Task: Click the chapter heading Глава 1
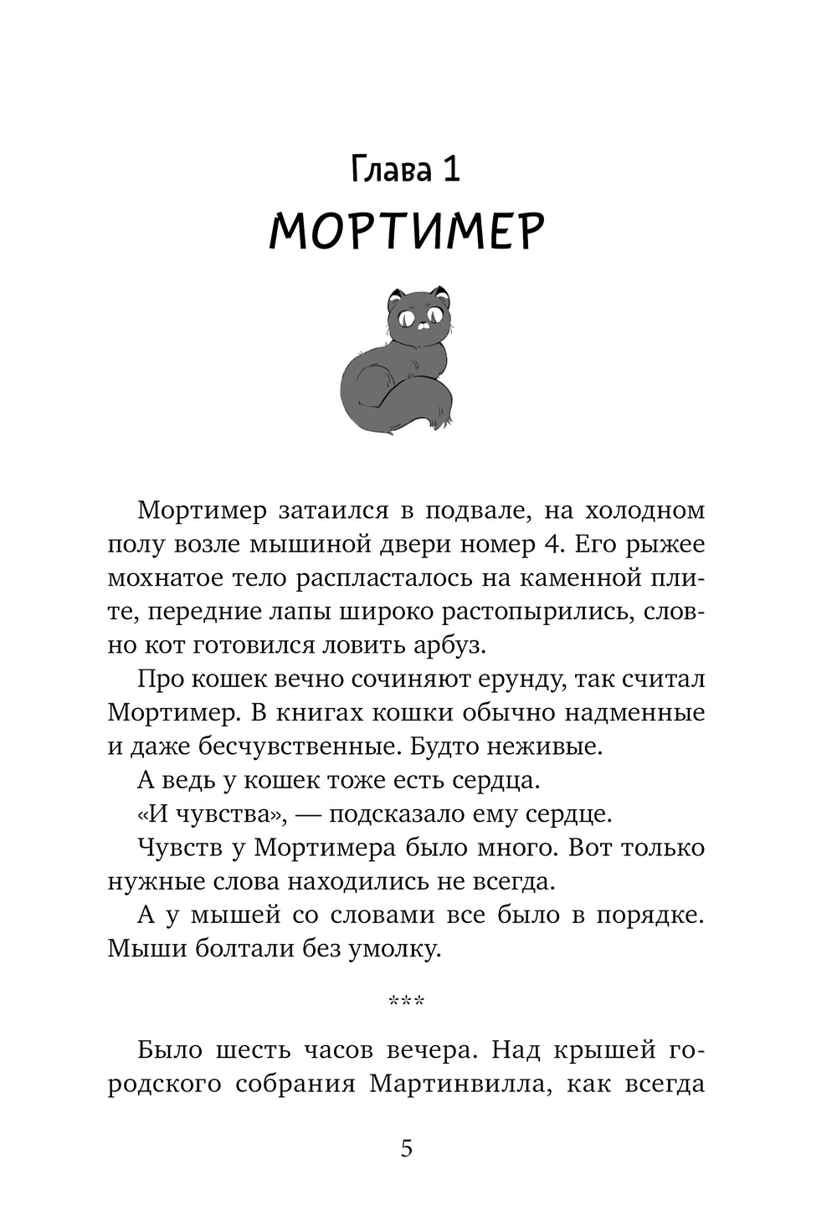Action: [x=406, y=169]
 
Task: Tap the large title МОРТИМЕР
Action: [x=407, y=231]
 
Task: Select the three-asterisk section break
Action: [x=407, y=1001]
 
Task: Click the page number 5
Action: [x=407, y=1148]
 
